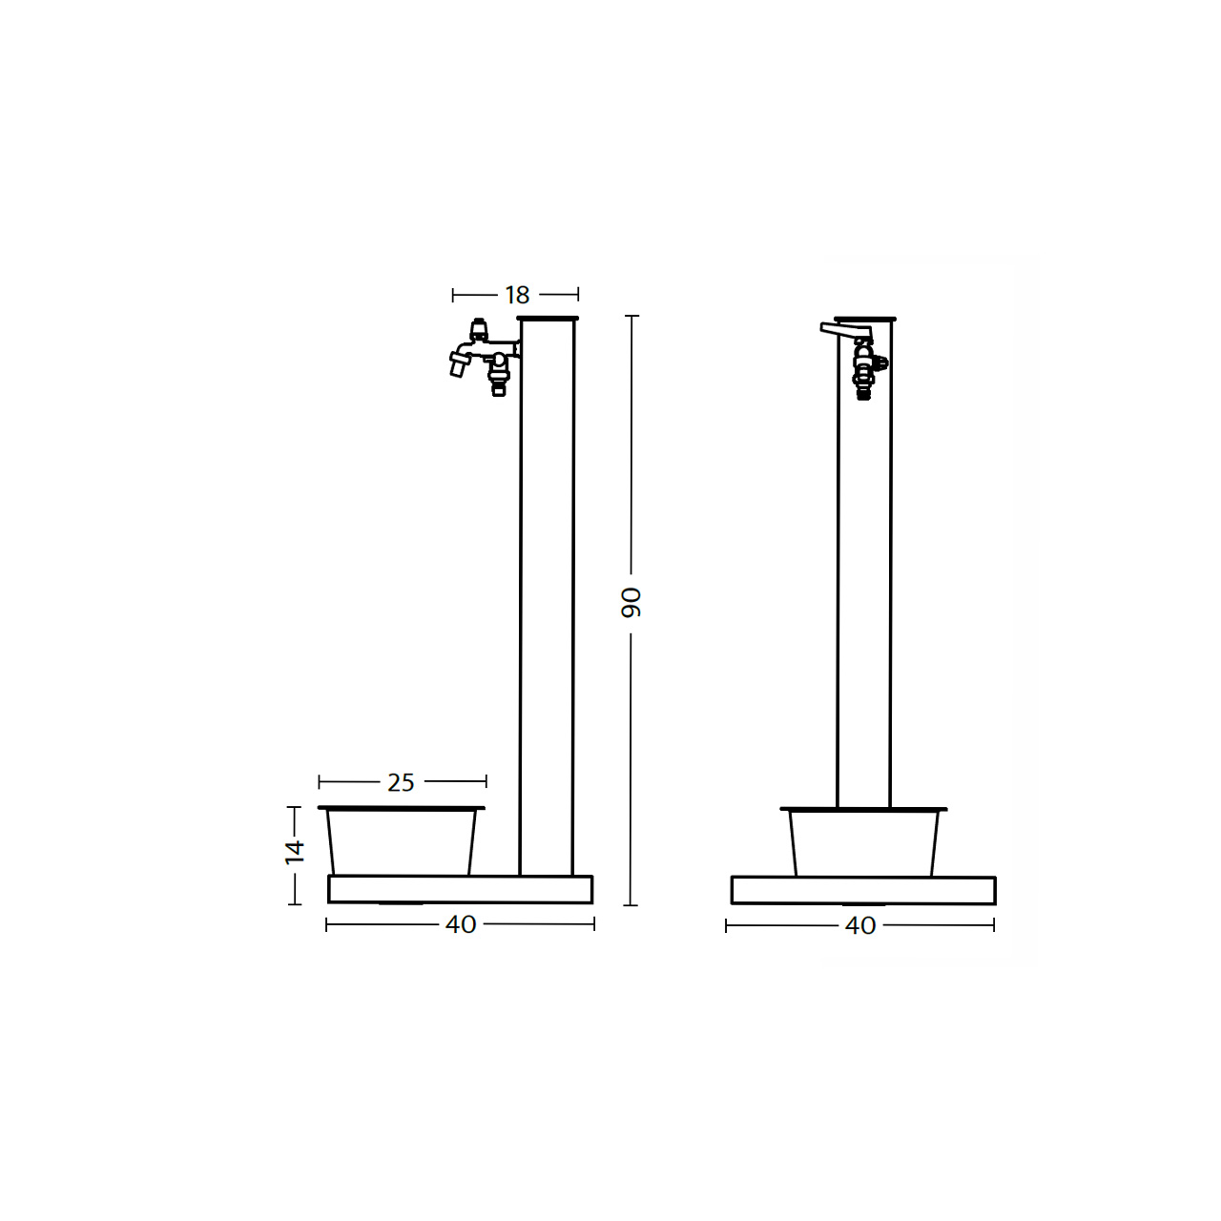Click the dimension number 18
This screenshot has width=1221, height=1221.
516,295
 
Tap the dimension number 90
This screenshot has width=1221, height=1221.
631,602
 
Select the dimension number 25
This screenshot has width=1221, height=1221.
401,782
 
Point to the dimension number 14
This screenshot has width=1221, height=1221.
295,852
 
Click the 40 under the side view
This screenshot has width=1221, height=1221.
461,924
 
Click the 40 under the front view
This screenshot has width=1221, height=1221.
859,925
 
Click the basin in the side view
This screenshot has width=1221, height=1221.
401,840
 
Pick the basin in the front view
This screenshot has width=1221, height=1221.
863,842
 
